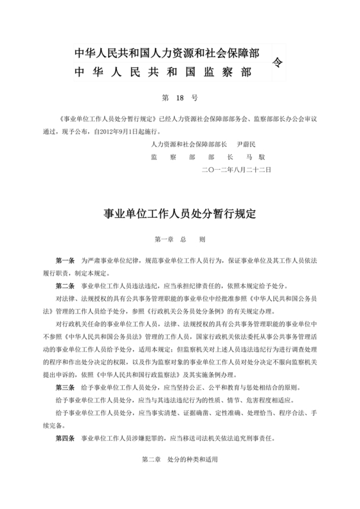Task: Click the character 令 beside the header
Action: click(277, 62)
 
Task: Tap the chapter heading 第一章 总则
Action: click(179, 240)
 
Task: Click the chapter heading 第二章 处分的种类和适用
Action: click(179, 462)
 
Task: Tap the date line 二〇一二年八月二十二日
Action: click(237, 169)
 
